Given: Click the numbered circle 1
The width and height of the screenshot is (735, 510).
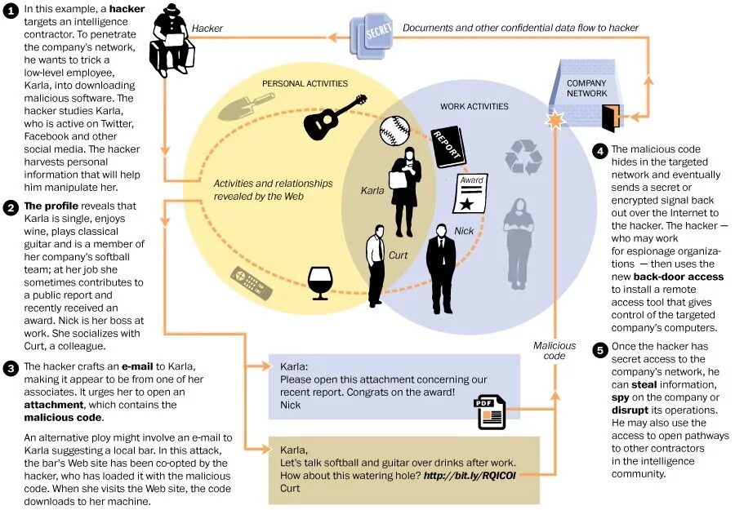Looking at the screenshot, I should coord(11,11).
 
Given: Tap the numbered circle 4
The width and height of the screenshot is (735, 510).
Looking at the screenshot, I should coord(600,150).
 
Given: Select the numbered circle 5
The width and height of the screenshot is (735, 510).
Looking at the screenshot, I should coord(600,351).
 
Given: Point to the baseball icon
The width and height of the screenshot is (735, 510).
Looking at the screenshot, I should coord(394,129).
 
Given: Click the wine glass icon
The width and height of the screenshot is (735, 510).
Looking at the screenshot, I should coord(319,282).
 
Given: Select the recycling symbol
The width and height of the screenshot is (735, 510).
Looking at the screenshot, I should coord(520,156).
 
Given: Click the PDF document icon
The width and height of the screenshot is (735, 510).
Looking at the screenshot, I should coord(492,412).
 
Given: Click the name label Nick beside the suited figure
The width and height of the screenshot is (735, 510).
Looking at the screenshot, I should coord(464,232).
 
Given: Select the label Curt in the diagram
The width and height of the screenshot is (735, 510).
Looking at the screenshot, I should coord(398,255).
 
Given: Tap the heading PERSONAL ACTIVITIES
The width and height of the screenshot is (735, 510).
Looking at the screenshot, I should coord(304,83).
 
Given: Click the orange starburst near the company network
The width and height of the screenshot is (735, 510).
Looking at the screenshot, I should coord(555,121).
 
